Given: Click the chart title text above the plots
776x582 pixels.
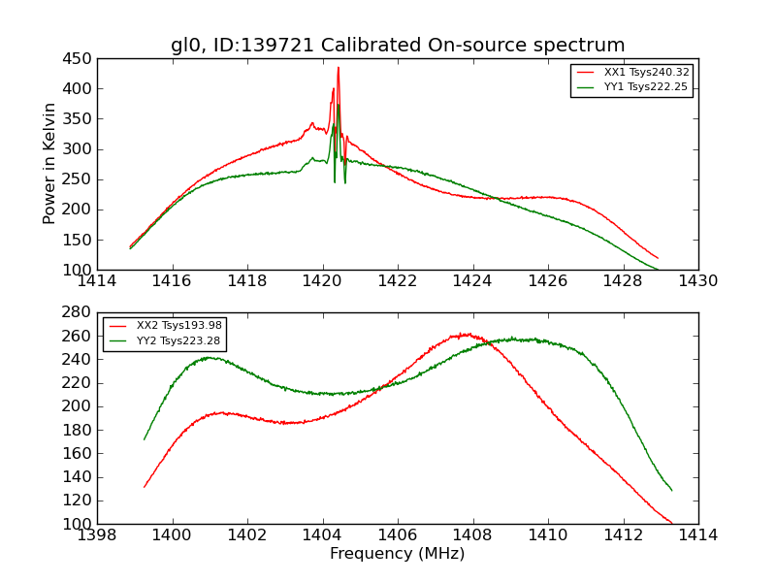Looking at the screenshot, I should point(398,46).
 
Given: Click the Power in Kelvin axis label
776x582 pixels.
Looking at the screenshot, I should point(50,164).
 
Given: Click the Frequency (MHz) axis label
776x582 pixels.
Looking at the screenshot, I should point(398,554).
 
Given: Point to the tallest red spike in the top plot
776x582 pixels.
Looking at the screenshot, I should point(339,68).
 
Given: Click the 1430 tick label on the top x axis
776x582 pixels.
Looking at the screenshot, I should point(698,281).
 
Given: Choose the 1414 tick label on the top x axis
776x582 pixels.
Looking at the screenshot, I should point(97,281).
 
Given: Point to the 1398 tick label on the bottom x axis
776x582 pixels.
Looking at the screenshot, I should point(97,535).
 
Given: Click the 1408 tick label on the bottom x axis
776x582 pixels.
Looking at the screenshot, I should point(472,535).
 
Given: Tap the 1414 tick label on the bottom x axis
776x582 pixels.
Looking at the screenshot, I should point(698,535).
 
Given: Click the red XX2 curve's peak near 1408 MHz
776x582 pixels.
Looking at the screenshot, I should point(467,335).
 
